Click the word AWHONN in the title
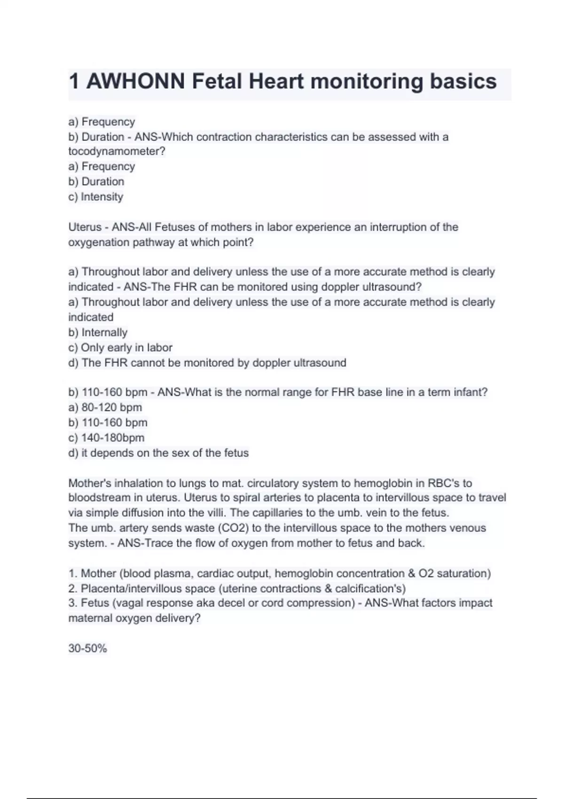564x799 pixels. (136, 81)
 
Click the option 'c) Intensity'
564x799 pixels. (96, 196)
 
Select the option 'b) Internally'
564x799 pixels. (98, 332)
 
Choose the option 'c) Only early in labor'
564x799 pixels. (120, 347)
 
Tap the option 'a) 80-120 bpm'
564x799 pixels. (105, 407)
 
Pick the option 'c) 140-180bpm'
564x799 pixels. (107, 438)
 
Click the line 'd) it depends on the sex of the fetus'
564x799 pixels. (158, 453)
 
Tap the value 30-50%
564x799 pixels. (88, 649)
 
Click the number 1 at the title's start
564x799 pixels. (74, 81)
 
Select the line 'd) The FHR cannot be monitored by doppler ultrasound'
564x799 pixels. (207, 362)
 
